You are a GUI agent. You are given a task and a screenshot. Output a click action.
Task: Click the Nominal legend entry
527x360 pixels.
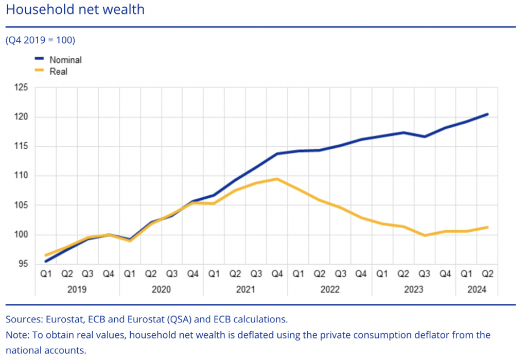pyautogui.click(x=65, y=60)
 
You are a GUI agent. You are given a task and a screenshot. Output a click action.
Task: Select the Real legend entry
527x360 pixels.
pyautogui.click(x=58, y=72)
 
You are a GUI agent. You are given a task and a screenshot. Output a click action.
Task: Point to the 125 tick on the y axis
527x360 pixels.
pyautogui.click(x=21, y=88)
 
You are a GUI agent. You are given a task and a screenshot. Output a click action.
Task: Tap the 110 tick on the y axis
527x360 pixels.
pyautogui.click(x=21, y=176)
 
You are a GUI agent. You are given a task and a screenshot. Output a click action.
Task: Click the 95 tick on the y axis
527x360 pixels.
pyautogui.click(x=22, y=264)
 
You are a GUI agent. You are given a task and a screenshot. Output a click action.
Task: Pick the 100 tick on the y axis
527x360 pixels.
pyautogui.click(x=21, y=235)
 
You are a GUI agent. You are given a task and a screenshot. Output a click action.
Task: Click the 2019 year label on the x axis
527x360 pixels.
pyautogui.click(x=77, y=289)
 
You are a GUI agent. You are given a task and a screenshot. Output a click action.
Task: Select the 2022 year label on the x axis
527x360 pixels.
pyautogui.click(x=330, y=289)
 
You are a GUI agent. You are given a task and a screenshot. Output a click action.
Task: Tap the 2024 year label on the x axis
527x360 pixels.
pyautogui.click(x=477, y=289)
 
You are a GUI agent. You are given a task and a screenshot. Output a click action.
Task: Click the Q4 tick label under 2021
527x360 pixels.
pyautogui.click(x=277, y=274)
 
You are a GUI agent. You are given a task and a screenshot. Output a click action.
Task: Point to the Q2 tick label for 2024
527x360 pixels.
pyautogui.click(x=487, y=274)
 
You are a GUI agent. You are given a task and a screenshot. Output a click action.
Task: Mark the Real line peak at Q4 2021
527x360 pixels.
pyautogui.click(x=277, y=179)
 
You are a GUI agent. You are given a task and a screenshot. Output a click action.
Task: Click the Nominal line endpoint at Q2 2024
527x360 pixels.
pyautogui.click(x=487, y=114)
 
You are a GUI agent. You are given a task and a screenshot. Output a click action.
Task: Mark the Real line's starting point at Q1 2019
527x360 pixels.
pyautogui.click(x=46, y=255)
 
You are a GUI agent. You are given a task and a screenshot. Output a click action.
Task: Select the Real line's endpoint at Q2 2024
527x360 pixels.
pyautogui.click(x=487, y=227)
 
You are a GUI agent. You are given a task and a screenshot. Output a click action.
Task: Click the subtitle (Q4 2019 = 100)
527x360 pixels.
pyautogui.click(x=41, y=40)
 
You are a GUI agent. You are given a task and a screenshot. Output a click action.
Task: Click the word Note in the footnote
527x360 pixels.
pyautogui.click(x=16, y=335)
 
